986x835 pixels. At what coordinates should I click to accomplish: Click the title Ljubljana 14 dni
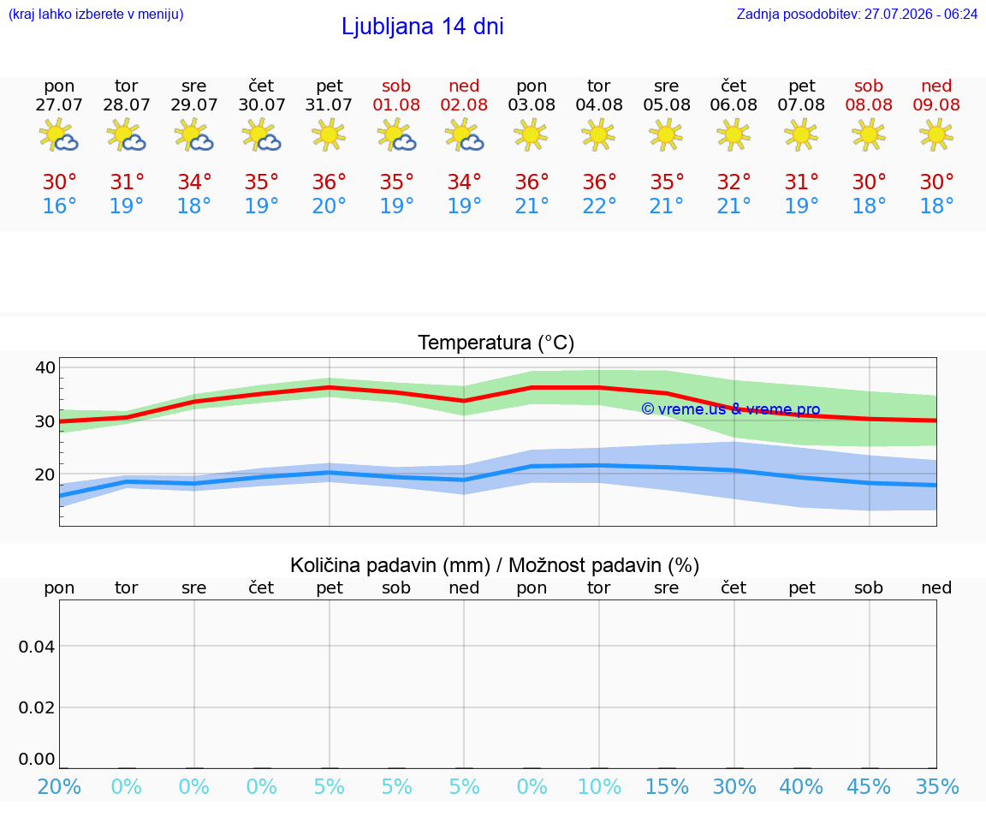(423, 27)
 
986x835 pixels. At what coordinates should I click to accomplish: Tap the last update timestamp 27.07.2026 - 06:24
(921, 14)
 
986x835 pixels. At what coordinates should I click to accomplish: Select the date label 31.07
(329, 104)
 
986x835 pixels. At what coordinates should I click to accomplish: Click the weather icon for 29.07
(193, 134)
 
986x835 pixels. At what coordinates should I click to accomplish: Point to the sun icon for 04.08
(598, 134)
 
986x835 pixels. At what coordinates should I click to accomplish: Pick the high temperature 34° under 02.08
(464, 182)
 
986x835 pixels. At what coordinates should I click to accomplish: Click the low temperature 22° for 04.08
(599, 206)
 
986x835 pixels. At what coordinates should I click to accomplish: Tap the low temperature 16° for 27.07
(59, 206)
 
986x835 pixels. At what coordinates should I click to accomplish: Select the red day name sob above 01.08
(396, 86)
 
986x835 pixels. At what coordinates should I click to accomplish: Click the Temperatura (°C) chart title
(496, 343)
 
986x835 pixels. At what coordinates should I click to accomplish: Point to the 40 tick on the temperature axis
(45, 367)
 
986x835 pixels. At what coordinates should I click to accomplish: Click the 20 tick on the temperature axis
(45, 474)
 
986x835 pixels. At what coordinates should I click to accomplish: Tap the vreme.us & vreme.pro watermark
(731, 409)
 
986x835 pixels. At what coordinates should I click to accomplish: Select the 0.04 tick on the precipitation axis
(37, 647)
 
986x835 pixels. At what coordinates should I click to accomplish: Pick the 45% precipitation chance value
(869, 786)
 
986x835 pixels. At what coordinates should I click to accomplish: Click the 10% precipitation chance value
(599, 786)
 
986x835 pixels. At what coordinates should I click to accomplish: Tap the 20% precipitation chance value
(59, 786)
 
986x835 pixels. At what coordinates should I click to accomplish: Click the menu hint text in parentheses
(96, 14)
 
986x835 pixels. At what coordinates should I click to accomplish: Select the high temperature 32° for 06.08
(734, 182)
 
